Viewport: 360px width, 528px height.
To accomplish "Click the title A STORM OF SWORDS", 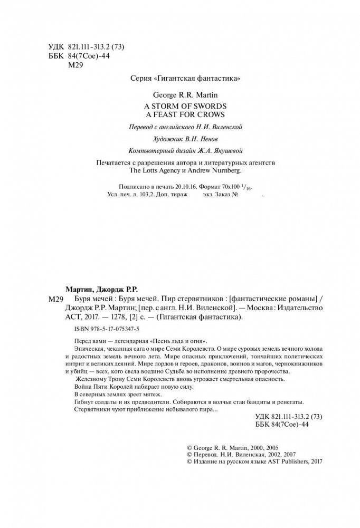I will pyautogui.click(x=181, y=105).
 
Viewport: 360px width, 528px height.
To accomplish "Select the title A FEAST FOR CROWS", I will pyautogui.click(x=181, y=113).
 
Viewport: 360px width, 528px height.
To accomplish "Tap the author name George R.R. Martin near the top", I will pyautogui.click(x=181, y=97).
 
